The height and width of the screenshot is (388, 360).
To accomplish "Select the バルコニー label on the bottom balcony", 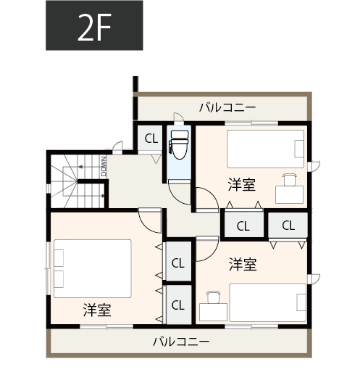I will [x=180, y=341].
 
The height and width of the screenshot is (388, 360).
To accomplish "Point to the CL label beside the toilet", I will [x=151, y=139].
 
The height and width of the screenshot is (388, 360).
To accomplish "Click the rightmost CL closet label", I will [x=288, y=226].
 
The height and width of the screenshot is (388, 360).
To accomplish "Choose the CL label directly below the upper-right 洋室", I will [x=243, y=226].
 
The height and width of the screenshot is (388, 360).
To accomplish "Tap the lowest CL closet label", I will [x=177, y=305].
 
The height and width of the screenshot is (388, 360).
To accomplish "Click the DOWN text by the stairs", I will [x=106, y=168].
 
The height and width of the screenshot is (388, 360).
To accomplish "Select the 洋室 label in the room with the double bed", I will [x=96, y=310].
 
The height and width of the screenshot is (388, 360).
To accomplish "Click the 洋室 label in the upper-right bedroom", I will [x=241, y=184].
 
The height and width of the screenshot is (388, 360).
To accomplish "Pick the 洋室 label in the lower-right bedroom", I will [x=243, y=264].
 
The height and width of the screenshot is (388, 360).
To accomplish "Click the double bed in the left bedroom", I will [x=91, y=268].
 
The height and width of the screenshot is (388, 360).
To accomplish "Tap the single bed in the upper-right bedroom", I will [x=267, y=149].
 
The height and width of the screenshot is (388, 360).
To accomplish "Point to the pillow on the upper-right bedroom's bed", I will [x=299, y=149].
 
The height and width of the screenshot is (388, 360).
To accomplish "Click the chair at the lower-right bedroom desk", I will [x=213, y=296].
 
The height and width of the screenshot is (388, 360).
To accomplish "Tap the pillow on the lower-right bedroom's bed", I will [x=299, y=302].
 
